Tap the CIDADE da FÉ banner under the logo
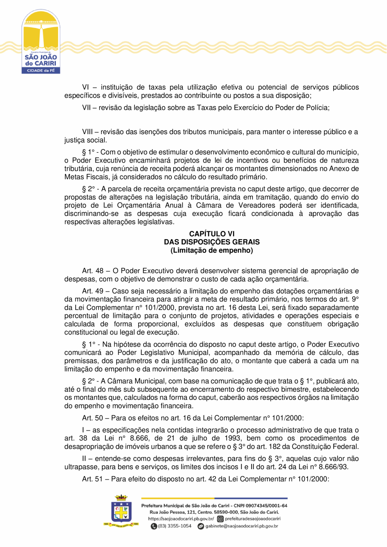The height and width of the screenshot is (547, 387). pyautogui.click(x=41, y=70)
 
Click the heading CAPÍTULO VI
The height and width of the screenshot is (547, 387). pyautogui.click(x=212, y=234)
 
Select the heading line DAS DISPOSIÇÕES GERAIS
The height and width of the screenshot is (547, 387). pyautogui.click(x=212, y=242)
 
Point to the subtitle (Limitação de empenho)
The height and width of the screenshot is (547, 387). pyautogui.click(x=212, y=250)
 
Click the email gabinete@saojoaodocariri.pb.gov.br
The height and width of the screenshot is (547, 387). pyautogui.click(x=242, y=526)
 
